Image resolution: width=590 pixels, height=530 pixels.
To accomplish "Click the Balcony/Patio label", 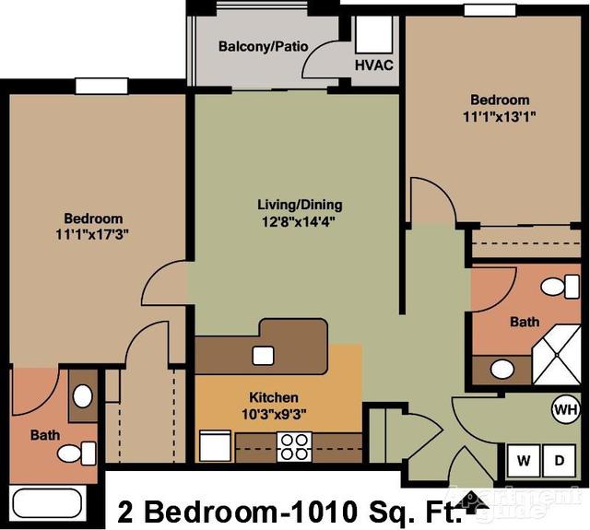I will (263, 47).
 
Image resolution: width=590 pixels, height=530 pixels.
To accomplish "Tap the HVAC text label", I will (373, 66).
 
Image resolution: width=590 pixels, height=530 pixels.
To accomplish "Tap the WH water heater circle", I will (564, 408).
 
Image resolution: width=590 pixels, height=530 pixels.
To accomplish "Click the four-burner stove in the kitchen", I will (295, 446).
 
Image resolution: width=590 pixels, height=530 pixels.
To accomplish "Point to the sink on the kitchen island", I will (262, 354).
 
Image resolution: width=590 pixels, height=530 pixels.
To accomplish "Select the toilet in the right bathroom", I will (558, 287).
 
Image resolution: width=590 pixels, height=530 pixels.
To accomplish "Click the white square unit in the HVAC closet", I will (374, 35).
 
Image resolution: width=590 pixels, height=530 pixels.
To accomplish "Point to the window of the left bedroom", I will (101, 86).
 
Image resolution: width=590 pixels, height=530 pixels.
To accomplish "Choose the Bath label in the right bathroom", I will (525, 323).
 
